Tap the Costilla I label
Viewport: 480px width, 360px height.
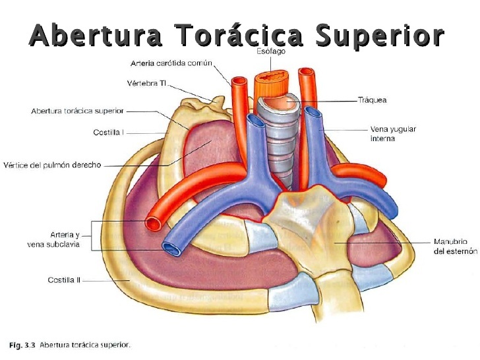tap(108, 132)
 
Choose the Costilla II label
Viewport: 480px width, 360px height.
tap(64, 280)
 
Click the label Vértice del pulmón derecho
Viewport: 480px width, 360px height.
tap(52, 165)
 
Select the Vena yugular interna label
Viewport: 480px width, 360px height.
tap(392, 134)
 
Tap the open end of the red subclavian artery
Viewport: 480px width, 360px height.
tap(155, 223)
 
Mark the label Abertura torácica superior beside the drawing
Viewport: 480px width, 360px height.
tap(76, 111)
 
